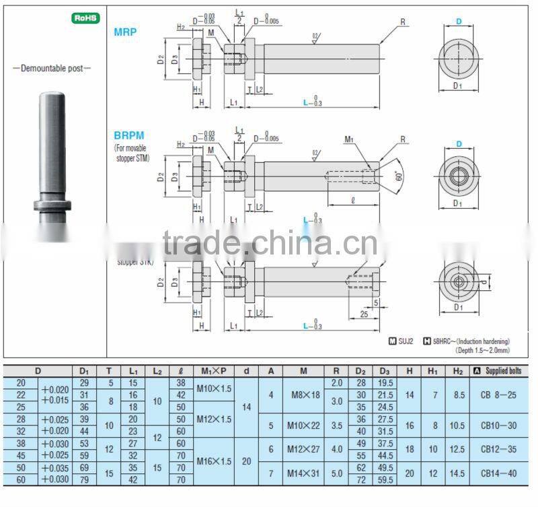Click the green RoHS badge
tap(85, 18)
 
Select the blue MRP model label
tap(126, 32)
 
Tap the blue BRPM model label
tap(129, 135)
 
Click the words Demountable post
tap(52, 68)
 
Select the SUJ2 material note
tap(402, 341)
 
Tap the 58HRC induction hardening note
tap(471, 341)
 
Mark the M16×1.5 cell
tap(213, 461)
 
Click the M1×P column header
tap(213, 370)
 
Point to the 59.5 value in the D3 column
tap(385, 480)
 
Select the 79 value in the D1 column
tap(84, 480)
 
